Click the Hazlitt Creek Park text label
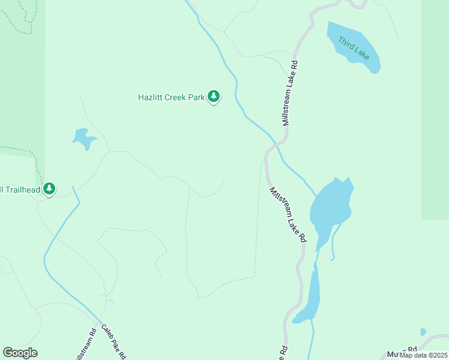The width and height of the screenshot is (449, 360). (171, 96)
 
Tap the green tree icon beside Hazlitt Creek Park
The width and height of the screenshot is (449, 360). (214, 96)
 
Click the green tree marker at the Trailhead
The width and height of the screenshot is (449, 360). (49, 189)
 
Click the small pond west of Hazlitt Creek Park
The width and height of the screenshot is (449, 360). (84, 139)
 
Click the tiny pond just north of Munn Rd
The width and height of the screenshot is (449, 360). (423, 332)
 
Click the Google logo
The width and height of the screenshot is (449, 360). (20, 352)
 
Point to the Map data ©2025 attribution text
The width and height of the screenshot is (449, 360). (423, 355)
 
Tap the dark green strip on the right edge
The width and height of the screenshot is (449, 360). (435, 108)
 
